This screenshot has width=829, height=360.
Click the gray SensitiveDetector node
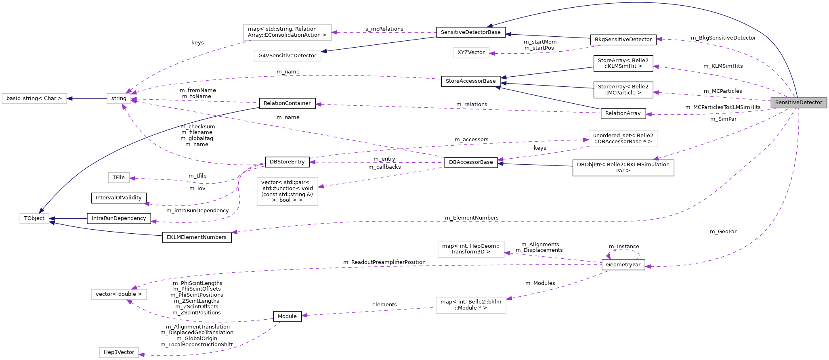798,103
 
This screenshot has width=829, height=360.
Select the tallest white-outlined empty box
287,192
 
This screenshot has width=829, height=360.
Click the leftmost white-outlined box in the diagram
34,98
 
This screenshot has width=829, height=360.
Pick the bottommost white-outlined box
119,352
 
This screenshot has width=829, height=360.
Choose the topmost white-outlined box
287,32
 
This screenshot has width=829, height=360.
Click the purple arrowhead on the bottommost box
142,355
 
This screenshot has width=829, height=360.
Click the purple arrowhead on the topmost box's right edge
334,32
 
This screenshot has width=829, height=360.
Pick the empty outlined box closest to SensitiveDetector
623,139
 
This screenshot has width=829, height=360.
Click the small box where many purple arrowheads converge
119,98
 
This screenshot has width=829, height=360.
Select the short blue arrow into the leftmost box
87,98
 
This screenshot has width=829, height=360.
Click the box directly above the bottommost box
119,295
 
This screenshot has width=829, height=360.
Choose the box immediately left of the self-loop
471,249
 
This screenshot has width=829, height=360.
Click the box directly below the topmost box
287,56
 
